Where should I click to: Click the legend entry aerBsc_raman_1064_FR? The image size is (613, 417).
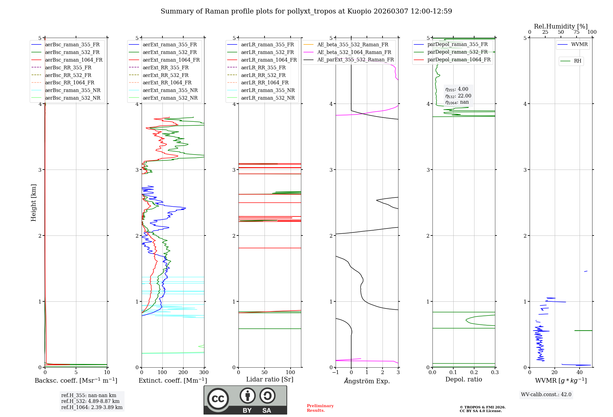coord(74,60)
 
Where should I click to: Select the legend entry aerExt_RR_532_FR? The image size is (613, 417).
coord(166,75)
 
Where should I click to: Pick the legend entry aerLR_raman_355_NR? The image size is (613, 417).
coord(268,90)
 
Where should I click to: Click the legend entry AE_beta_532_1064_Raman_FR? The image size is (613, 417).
coord(354,52)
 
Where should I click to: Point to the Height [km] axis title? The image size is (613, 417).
coord(33,203)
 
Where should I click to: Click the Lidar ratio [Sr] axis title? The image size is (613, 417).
coord(270,379)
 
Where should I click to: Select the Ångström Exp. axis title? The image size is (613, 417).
coord(367,381)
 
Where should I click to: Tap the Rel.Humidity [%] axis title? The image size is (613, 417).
coord(561,26)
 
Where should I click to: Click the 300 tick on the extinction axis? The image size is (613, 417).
coord(204,373)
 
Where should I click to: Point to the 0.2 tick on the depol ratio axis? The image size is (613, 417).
coord(474,373)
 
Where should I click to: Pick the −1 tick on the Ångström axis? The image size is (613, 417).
coord(336,373)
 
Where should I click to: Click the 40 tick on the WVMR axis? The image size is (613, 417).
coord(580,373)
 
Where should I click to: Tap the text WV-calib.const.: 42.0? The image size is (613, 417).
coord(546,395)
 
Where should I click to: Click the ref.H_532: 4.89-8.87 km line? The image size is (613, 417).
coord(90,401)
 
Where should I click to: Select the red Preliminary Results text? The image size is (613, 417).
coord(320,408)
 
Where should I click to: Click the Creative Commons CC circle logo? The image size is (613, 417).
coord(218,399)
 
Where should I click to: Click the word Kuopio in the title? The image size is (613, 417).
coord(359,11)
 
